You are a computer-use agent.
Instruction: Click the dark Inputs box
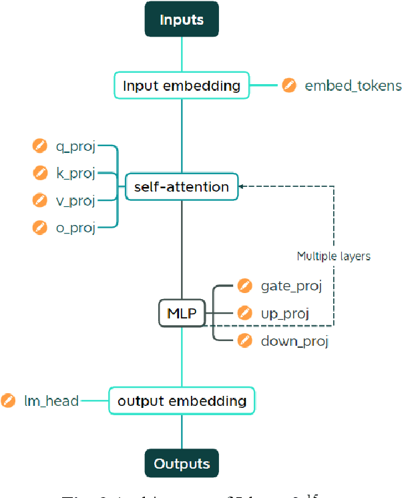pos(182,19)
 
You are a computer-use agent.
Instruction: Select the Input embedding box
pos(181,86)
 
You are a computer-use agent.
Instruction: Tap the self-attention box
pos(182,187)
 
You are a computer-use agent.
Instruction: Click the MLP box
pos(182,313)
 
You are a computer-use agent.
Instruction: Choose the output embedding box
pos(182,401)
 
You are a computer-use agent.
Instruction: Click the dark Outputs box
pos(182,463)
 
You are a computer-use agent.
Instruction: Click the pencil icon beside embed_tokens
pos(288,85)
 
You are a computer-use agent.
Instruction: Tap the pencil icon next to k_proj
pos(40,173)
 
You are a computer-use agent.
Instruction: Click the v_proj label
pos(75,200)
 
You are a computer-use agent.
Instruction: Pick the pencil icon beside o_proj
pos(40,228)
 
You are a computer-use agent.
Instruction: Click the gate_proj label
pos(291,286)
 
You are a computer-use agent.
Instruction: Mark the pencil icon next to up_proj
pos(245,313)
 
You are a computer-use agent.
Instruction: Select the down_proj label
pos(294,341)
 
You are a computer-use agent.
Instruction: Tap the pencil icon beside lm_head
pos(9,401)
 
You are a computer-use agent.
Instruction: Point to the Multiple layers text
pos(333,256)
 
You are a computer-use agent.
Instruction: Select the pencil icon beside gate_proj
pos(245,286)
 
